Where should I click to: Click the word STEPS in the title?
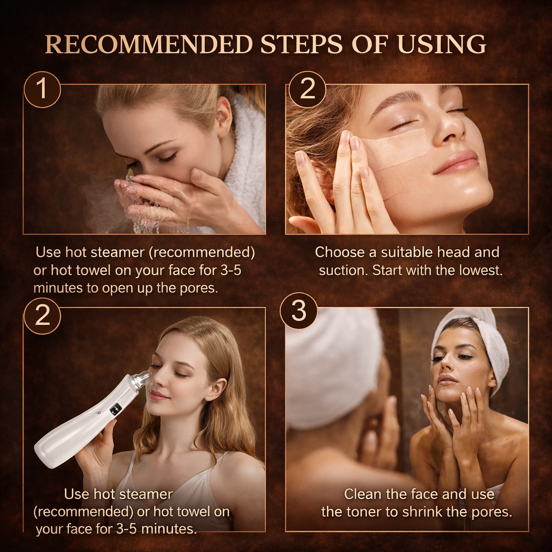pos(302,44)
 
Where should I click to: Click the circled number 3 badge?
pos(298,311)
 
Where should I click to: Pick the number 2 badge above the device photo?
pos(42,316)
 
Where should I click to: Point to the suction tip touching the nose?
pos(143,379)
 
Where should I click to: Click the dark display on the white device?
pos(115,409)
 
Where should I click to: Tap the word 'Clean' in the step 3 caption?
pos(363,494)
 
